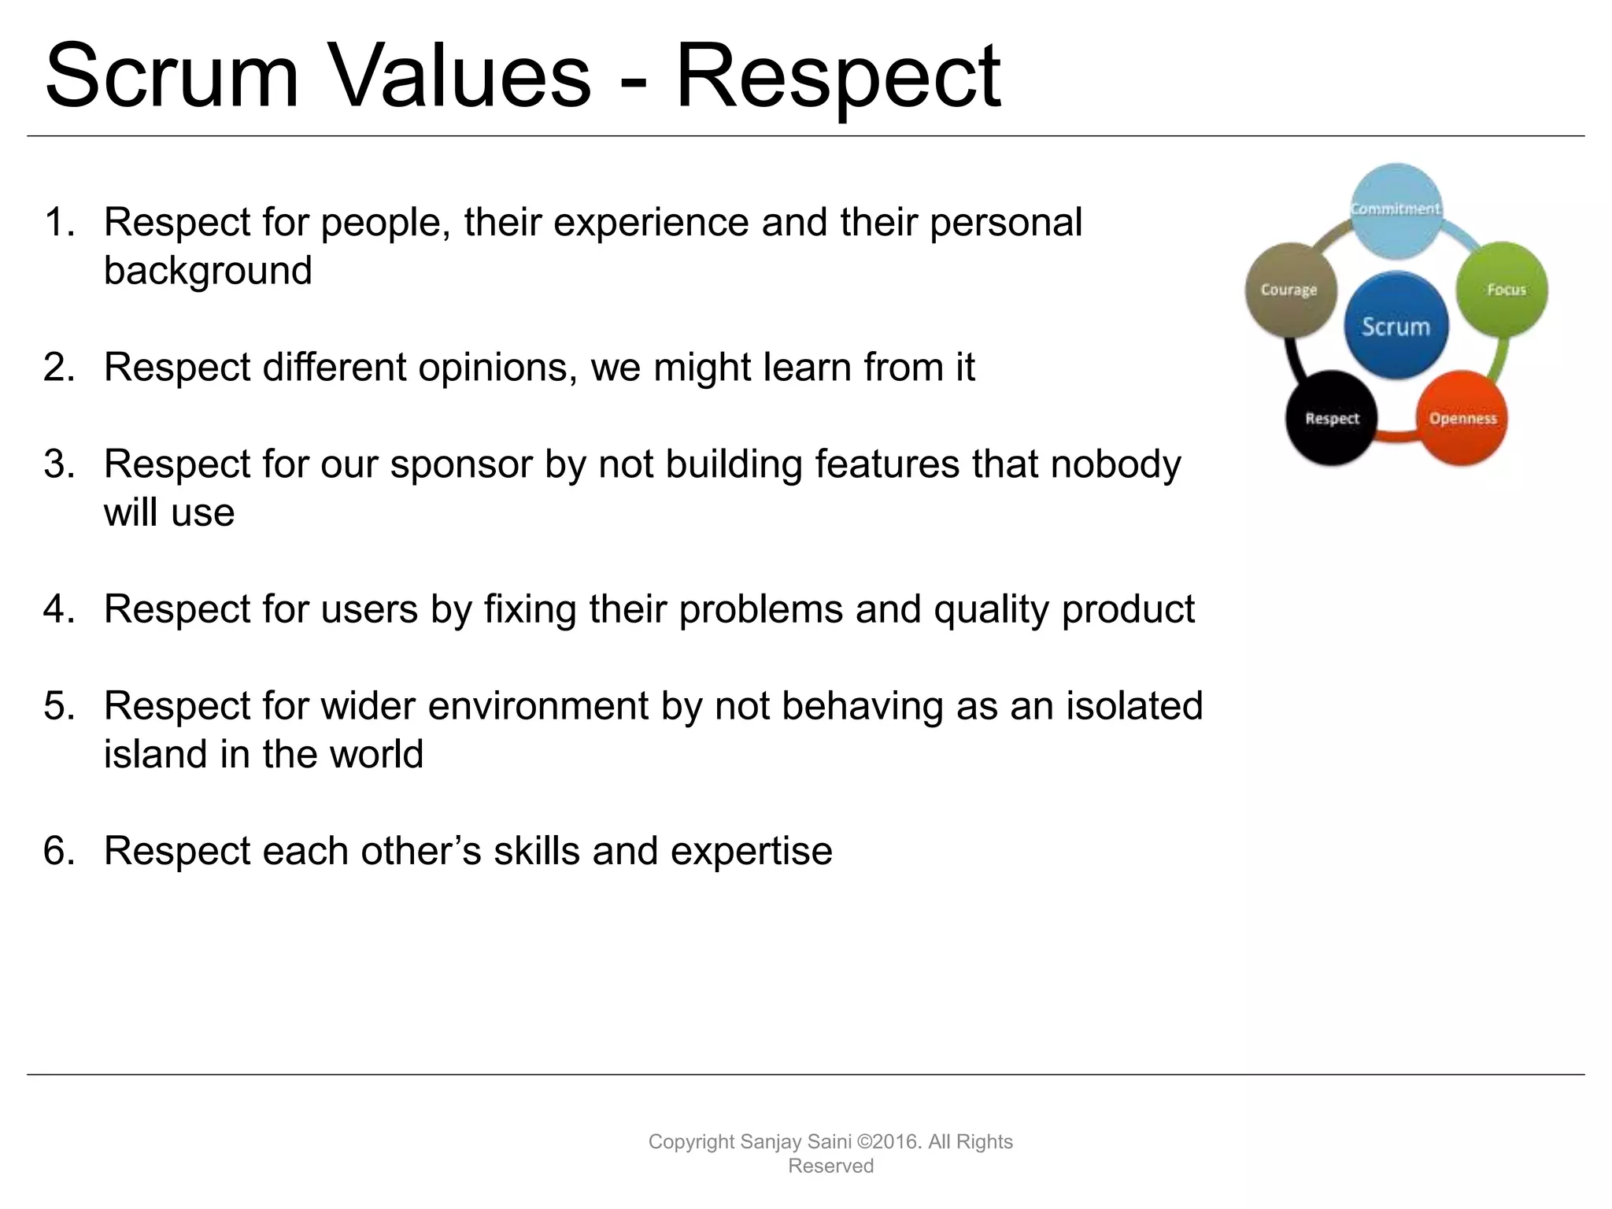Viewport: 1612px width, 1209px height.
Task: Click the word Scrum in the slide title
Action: (x=172, y=77)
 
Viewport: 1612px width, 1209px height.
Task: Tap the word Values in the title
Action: (x=459, y=77)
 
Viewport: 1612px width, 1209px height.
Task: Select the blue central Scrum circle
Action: (x=1396, y=325)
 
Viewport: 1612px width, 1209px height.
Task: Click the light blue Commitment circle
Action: (x=1396, y=209)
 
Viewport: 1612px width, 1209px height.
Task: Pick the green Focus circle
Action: (x=1502, y=290)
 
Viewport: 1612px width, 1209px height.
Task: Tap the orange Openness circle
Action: (x=1462, y=418)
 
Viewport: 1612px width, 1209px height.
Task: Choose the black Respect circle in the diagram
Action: (x=1332, y=418)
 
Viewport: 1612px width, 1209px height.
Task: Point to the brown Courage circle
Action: (x=1289, y=290)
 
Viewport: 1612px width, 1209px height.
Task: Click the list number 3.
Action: (x=59, y=464)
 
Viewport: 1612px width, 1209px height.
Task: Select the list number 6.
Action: (x=59, y=852)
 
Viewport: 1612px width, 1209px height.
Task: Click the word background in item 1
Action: (x=208, y=272)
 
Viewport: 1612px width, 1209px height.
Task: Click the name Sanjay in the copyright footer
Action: (x=771, y=1142)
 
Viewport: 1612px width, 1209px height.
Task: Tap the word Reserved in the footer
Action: (x=830, y=1166)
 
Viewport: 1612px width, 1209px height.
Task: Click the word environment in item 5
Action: (x=538, y=706)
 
